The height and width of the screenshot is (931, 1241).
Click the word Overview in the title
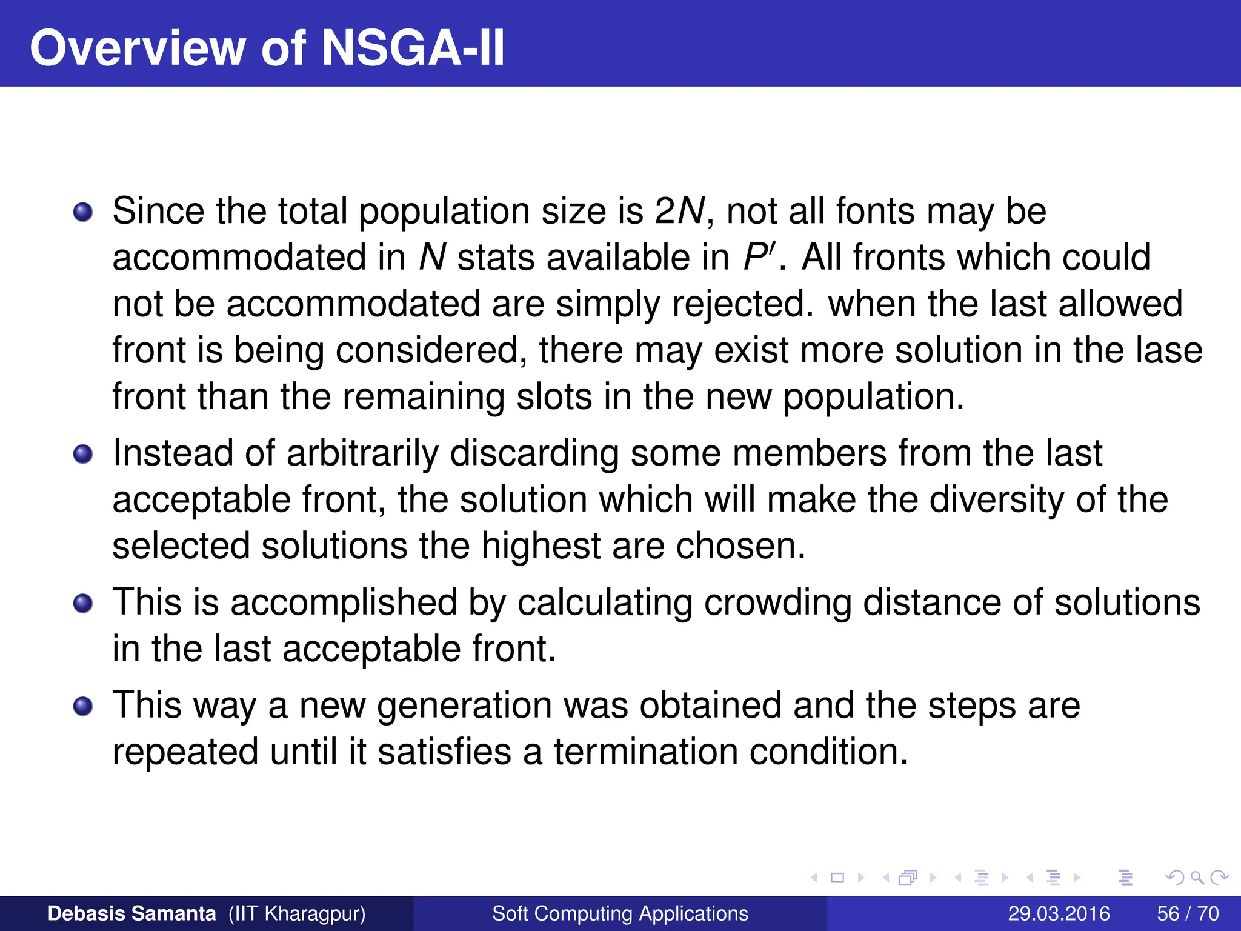point(137,48)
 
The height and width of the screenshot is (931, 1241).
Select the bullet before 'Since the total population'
point(83,213)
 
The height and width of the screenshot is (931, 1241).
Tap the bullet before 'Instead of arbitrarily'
point(83,454)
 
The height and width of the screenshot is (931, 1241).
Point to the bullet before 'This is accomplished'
point(83,604)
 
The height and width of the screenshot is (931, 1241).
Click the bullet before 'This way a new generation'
point(83,706)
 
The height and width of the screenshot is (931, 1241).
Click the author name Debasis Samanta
point(131,913)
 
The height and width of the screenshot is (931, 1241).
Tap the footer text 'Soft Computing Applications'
point(620,913)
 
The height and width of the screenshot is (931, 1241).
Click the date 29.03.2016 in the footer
point(1059,913)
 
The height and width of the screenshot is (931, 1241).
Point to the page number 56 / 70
point(1188,913)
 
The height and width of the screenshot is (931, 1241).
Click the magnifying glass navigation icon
point(1197,877)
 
